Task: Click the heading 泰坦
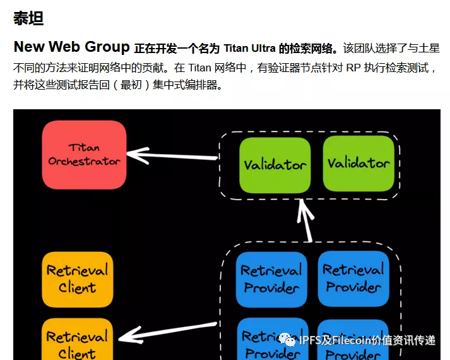tap(28, 18)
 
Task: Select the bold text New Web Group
tap(71, 47)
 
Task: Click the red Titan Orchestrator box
tap(84, 155)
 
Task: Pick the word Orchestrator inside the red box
tap(84, 162)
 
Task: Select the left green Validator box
tap(275, 164)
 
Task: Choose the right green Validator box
tap(358, 163)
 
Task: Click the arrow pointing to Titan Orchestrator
tap(170, 154)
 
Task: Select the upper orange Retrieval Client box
tap(78, 279)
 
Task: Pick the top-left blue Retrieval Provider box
tap(271, 279)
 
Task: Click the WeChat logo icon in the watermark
tap(288, 341)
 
